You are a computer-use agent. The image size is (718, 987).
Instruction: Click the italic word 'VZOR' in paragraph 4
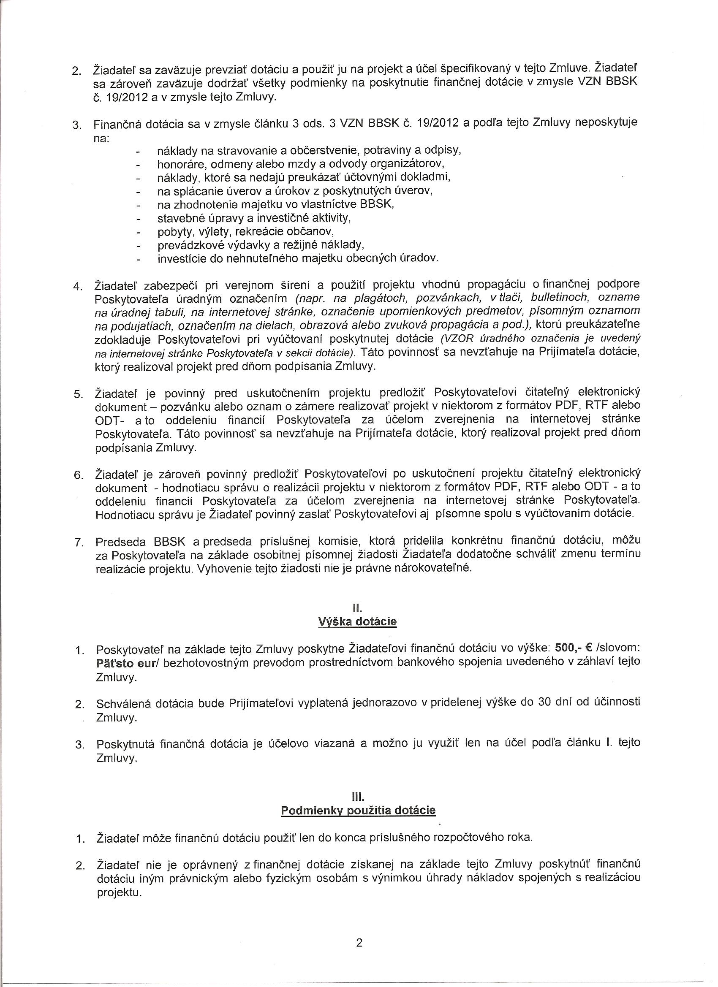(x=455, y=339)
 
